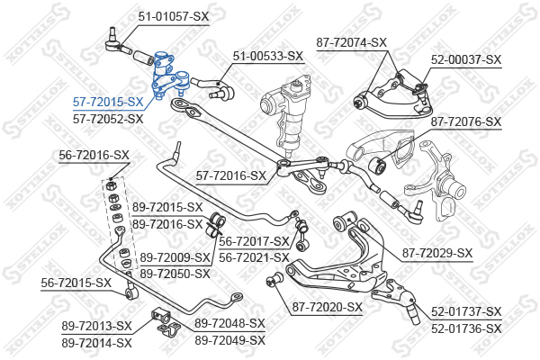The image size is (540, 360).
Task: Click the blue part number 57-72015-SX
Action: point(108,102)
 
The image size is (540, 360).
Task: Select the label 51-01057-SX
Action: point(174,16)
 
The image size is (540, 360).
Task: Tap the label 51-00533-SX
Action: point(268,56)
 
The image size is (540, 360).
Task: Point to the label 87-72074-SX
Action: point(352,42)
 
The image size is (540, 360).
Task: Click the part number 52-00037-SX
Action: point(466,60)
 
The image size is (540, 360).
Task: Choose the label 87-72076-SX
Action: point(466,122)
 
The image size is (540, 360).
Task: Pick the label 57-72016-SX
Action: point(231,176)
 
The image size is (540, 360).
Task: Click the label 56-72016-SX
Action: point(94,156)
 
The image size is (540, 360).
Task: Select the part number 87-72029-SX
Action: point(437,254)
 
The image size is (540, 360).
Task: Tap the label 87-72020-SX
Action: point(328,307)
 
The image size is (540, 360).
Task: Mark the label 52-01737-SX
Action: point(466,312)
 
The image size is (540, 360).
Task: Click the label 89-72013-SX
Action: point(97,326)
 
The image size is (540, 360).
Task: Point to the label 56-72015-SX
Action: point(76,283)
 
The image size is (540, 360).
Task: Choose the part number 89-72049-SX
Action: point(230,341)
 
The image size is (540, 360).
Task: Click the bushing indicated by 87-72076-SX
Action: point(377,166)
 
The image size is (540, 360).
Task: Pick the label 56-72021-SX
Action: point(254,257)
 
